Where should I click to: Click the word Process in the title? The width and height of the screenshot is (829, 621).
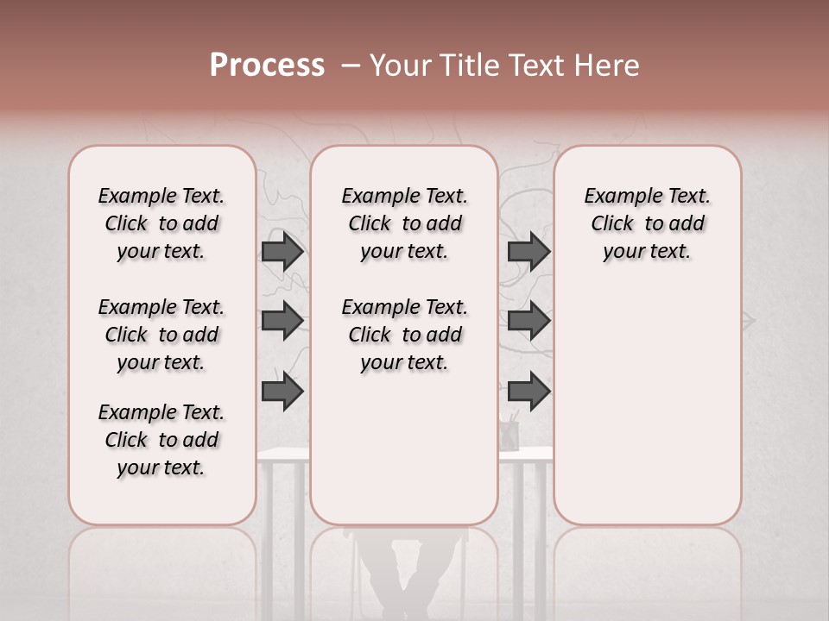pyautogui.click(x=267, y=66)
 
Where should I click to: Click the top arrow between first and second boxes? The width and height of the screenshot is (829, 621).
pyautogui.click(x=282, y=252)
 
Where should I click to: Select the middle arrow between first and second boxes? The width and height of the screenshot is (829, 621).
pyautogui.click(x=282, y=321)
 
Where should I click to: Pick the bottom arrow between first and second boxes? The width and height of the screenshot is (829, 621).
pyautogui.click(x=282, y=392)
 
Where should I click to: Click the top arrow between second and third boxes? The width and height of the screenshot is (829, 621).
pyautogui.click(x=528, y=252)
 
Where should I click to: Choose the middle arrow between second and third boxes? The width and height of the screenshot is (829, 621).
pyautogui.click(x=528, y=321)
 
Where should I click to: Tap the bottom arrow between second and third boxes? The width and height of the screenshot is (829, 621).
pyautogui.click(x=528, y=392)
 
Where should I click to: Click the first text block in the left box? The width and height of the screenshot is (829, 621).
pyautogui.click(x=161, y=223)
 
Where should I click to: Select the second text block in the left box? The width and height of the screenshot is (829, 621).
pyautogui.click(x=161, y=335)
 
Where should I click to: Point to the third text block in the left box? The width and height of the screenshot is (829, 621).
pyautogui.click(x=161, y=440)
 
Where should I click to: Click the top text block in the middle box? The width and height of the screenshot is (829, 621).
pyautogui.click(x=404, y=223)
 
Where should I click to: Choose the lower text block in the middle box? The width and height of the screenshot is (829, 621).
pyautogui.click(x=404, y=335)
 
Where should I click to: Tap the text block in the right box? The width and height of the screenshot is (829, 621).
pyautogui.click(x=647, y=223)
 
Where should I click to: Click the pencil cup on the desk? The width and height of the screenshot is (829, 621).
pyautogui.click(x=510, y=433)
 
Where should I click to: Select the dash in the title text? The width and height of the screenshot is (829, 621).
pyautogui.click(x=350, y=66)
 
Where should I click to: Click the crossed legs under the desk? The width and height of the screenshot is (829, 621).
pyautogui.click(x=406, y=578)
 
